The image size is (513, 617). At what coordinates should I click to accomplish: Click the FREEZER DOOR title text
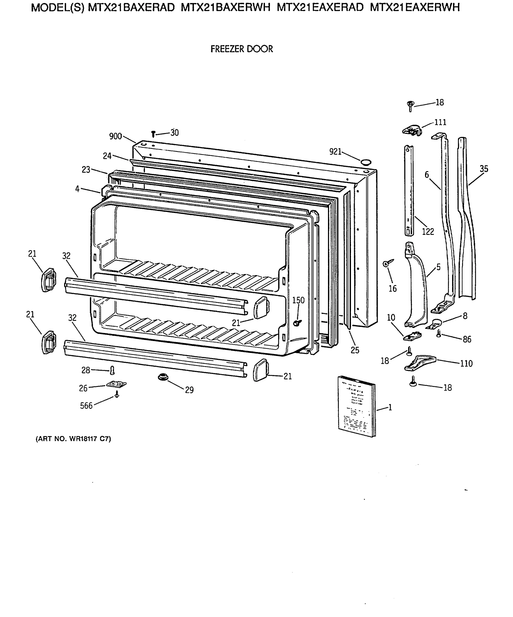[242, 49]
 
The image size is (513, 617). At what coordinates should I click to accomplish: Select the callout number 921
[335, 152]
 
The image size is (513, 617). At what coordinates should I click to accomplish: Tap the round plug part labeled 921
[366, 162]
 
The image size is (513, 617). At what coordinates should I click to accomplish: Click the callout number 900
[115, 136]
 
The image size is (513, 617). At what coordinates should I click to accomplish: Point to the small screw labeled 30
[153, 134]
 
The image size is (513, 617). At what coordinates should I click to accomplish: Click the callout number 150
[298, 300]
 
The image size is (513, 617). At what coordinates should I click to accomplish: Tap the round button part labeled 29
[163, 377]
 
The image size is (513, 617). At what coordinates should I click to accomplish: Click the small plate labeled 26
[116, 384]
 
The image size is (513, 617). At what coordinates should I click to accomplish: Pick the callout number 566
[86, 406]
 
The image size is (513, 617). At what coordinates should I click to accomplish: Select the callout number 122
[428, 232]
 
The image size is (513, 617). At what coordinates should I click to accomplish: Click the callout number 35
[484, 169]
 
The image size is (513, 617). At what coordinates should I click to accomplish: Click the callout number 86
[467, 339]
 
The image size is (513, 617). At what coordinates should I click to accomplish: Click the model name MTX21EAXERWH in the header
[415, 7]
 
